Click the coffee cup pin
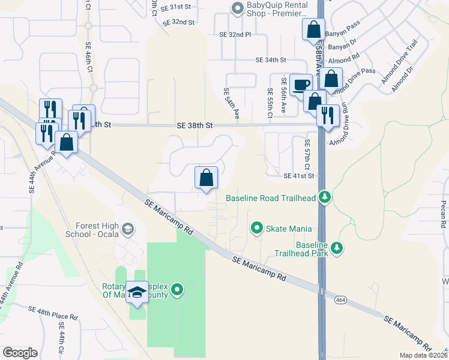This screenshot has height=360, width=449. (x=301, y=85)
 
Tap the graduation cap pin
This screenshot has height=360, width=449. (x=137, y=292)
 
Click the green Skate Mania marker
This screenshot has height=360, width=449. (x=257, y=228)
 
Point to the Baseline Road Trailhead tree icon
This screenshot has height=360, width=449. (x=325, y=197)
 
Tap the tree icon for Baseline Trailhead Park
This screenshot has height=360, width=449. (x=337, y=248)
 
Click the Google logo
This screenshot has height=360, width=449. (x=19, y=352)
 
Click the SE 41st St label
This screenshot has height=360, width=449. (x=299, y=176)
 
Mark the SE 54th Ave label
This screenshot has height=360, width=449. (x=231, y=103)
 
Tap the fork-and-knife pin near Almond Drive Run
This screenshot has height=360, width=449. (x=327, y=115)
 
